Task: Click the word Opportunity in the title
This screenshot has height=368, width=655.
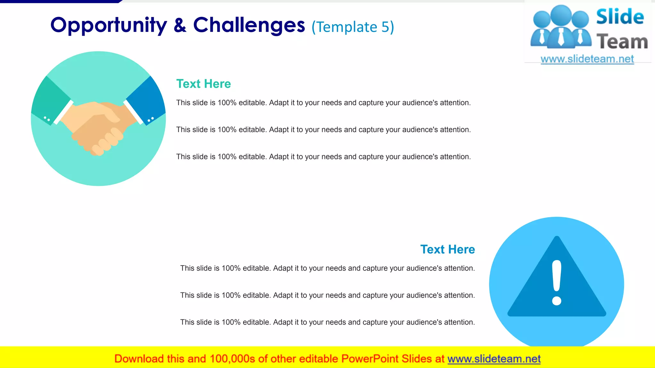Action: click(x=109, y=26)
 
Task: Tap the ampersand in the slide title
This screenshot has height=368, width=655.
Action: click(x=180, y=26)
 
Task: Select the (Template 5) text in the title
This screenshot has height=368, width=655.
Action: click(x=353, y=27)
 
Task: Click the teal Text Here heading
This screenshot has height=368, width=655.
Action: click(x=203, y=84)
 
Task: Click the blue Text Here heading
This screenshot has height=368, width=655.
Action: click(x=447, y=249)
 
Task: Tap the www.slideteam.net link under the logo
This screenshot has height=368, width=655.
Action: click(x=587, y=59)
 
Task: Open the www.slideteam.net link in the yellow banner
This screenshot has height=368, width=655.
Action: click(x=494, y=359)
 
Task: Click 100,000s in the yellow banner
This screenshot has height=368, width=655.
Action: click(x=232, y=359)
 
